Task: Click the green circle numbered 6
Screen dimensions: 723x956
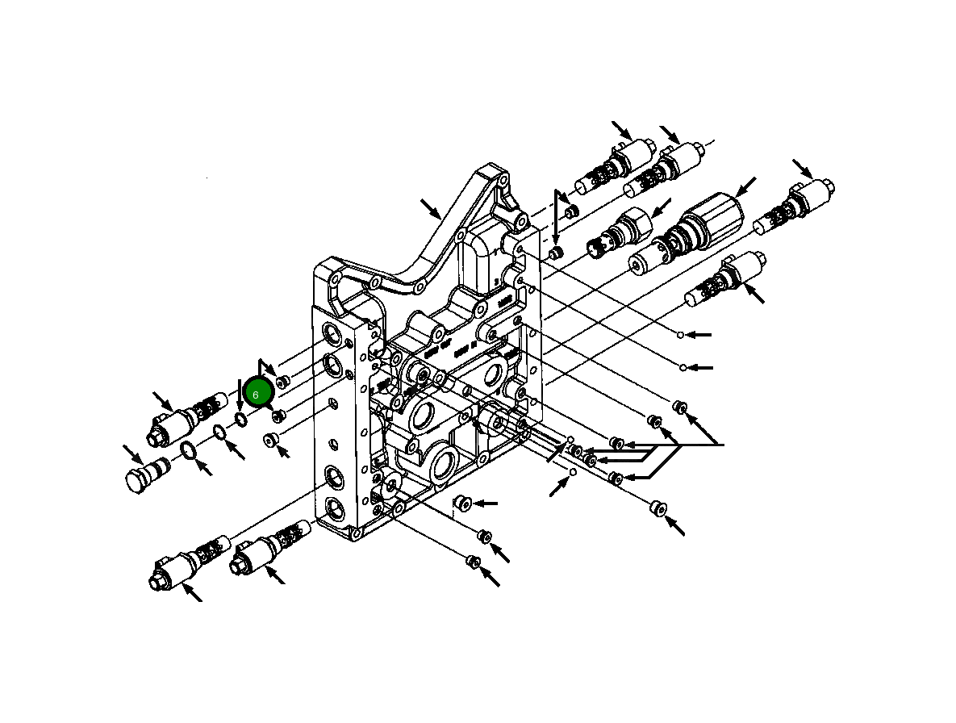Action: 257,394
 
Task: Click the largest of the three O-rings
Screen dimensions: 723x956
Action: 187,450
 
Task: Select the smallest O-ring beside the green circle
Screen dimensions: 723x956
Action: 240,419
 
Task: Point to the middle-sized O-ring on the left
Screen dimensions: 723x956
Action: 219,433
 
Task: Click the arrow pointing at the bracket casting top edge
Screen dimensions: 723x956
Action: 431,209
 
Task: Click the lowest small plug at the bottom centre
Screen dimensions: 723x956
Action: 474,561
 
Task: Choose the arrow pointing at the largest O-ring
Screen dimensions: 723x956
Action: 204,467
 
